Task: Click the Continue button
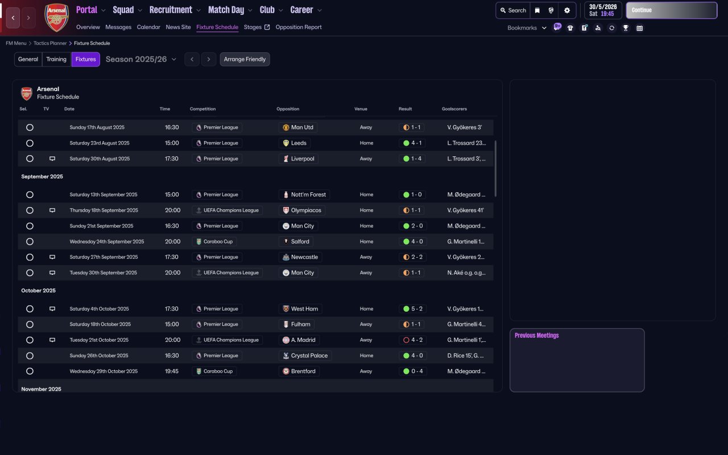pyautogui.click(x=671, y=10)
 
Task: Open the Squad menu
pyautogui.click(x=123, y=10)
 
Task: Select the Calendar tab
pyautogui.click(x=148, y=27)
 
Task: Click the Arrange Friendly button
pyautogui.click(x=245, y=59)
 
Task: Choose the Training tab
pyautogui.click(x=56, y=59)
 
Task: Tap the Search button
pyautogui.click(x=513, y=10)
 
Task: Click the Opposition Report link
pyautogui.click(x=299, y=27)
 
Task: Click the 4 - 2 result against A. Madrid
pyautogui.click(x=412, y=340)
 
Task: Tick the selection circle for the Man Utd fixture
pyautogui.click(x=30, y=127)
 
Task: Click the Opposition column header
pyautogui.click(x=288, y=109)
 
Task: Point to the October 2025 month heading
pyautogui.click(x=39, y=291)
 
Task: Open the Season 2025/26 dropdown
pyautogui.click(x=141, y=59)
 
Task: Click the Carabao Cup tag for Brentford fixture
pyautogui.click(x=214, y=371)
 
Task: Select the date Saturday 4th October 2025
pyautogui.click(x=99, y=309)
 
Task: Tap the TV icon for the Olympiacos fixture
pyautogui.click(x=52, y=210)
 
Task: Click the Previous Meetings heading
pyautogui.click(x=537, y=336)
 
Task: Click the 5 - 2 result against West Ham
pyautogui.click(x=412, y=309)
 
